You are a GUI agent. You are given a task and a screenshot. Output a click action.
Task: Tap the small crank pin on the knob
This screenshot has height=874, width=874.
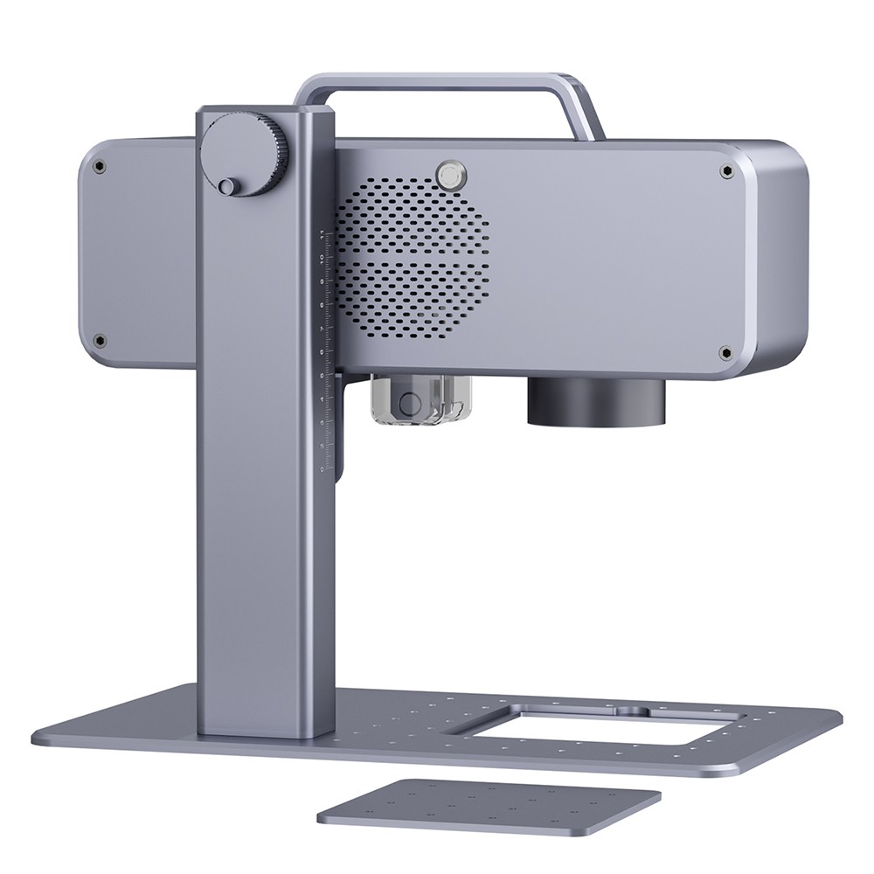226,186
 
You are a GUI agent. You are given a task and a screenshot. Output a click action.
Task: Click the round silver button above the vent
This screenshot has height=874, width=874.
450,175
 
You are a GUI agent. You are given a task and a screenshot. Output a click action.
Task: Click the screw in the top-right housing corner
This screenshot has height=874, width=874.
726,172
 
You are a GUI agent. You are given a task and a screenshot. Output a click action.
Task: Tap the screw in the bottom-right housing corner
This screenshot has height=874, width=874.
725,352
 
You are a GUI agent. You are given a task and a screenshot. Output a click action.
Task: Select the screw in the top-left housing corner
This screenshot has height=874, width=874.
100,166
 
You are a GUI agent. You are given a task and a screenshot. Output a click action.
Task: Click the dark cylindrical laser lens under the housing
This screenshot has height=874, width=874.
595,401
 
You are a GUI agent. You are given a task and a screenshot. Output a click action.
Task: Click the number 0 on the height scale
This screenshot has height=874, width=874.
322,468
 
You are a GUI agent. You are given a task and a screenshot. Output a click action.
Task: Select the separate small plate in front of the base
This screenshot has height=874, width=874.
489,803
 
